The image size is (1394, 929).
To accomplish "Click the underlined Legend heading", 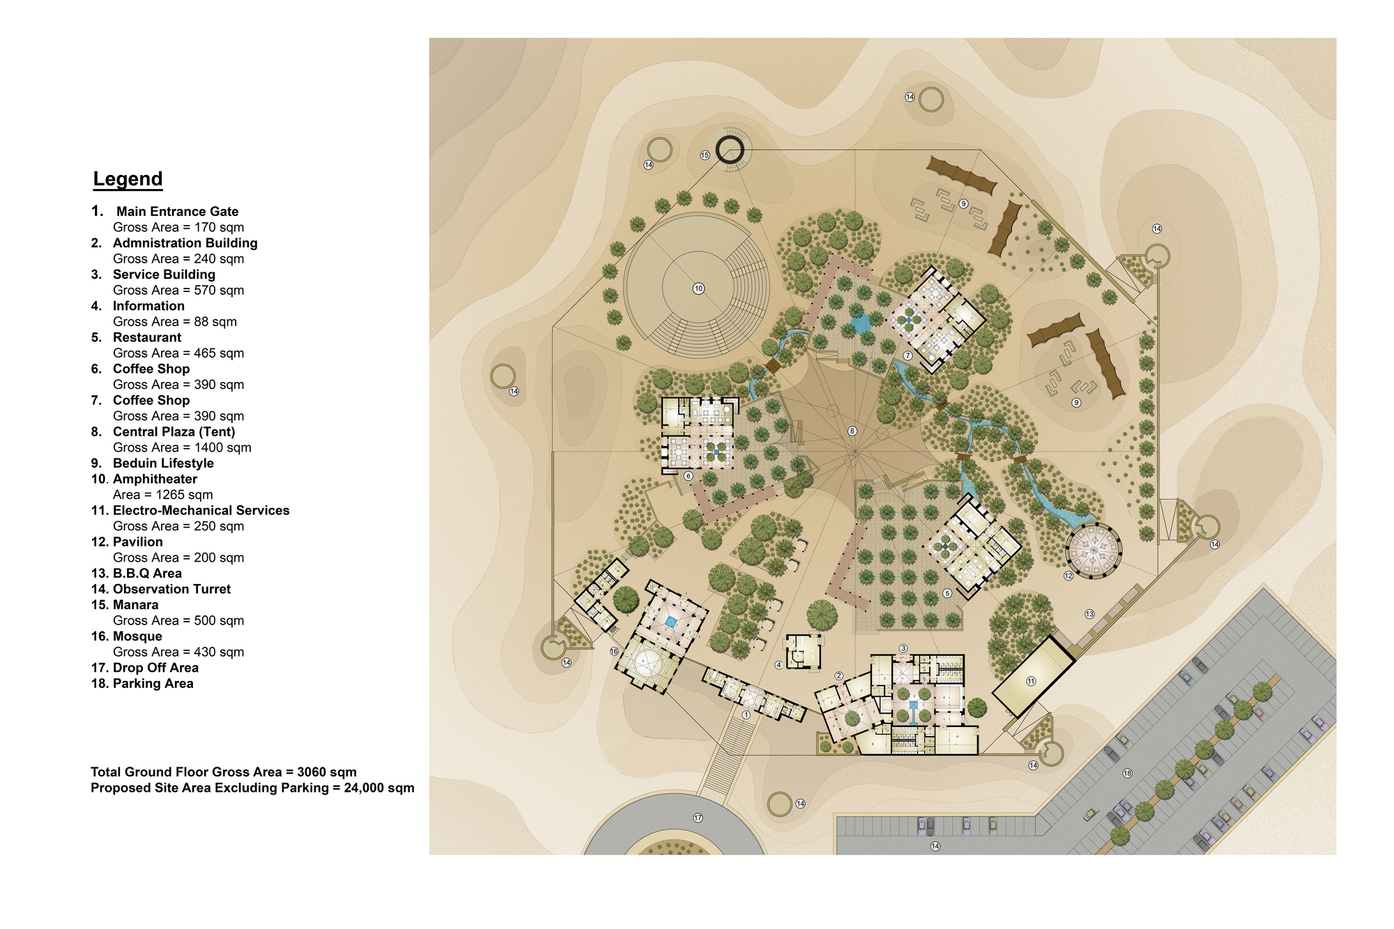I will pyautogui.click(x=128, y=179).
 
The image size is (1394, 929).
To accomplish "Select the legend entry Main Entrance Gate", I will pyautogui.click(x=177, y=211).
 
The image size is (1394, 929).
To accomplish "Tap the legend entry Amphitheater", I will pyautogui.click(x=155, y=479).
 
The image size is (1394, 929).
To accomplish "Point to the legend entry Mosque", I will pyautogui.click(x=137, y=636).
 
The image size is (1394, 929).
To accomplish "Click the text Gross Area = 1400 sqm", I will pyautogui.click(x=182, y=447).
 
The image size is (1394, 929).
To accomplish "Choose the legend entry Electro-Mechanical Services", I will pyautogui.click(x=201, y=510).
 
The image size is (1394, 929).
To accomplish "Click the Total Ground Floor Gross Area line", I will pyautogui.click(x=223, y=771).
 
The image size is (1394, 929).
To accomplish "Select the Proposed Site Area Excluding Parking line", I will pyautogui.click(x=252, y=788).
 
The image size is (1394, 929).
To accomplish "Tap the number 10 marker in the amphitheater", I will pyautogui.click(x=698, y=289).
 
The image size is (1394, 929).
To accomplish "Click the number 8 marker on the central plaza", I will pyautogui.click(x=852, y=431).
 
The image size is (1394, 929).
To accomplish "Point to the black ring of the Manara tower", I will pyautogui.click(x=730, y=150).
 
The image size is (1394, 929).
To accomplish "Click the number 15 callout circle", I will pyautogui.click(x=705, y=155).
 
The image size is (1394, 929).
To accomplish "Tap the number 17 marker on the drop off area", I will pyautogui.click(x=698, y=817).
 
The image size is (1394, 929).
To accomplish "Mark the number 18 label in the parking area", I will pyautogui.click(x=1127, y=774).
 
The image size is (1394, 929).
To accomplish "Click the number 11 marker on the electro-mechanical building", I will pyautogui.click(x=1031, y=682).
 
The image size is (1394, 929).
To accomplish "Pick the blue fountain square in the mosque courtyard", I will pyautogui.click(x=671, y=621).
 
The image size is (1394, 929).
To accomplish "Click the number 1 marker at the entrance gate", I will pyautogui.click(x=746, y=714).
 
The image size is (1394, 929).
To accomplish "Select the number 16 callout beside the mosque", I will pyautogui.click(x=614, y=652).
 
